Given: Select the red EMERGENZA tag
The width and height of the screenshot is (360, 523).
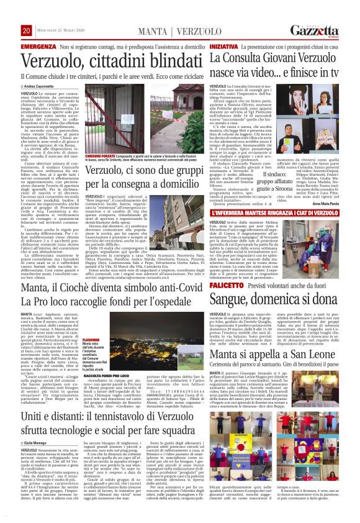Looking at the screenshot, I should point(22,47).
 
